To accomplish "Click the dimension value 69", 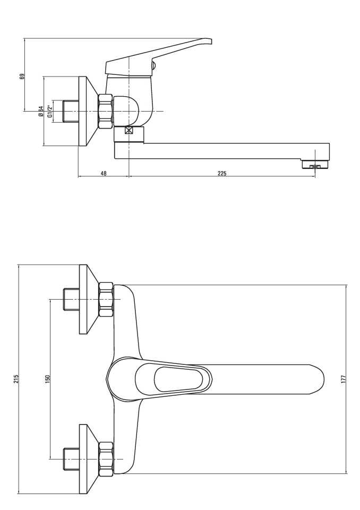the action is (22, 76).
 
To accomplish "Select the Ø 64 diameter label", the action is (41, 111).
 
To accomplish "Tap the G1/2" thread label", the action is (50, 111).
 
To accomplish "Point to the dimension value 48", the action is (104, 173).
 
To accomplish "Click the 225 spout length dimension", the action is (222, 173).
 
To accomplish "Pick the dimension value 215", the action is (16, 379).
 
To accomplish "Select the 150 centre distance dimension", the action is (47, 379).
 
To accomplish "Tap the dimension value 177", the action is (344, 379).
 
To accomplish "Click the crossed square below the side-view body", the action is (129, 131).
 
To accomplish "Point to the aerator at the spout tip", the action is (315, 166).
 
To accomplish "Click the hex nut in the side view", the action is (106, 111).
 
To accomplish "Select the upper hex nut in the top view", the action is (106, 299).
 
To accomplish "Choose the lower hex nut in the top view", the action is (106, 459).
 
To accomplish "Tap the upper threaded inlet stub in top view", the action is (71, 299).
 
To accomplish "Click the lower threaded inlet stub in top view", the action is (71, 459).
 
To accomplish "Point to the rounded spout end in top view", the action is (317, 379).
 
